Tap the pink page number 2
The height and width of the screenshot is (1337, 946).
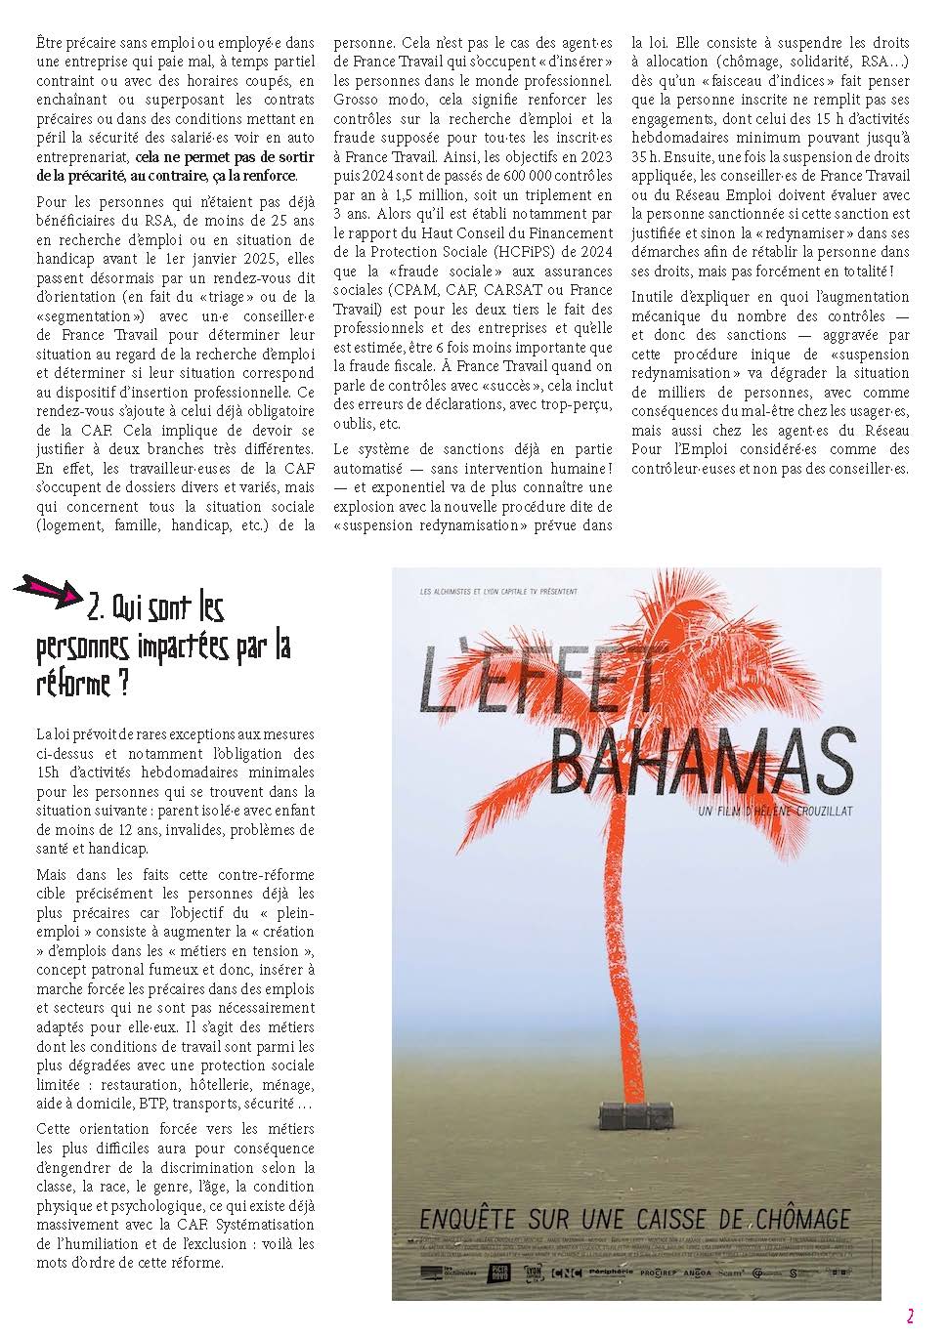click(x=910, y=1316)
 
